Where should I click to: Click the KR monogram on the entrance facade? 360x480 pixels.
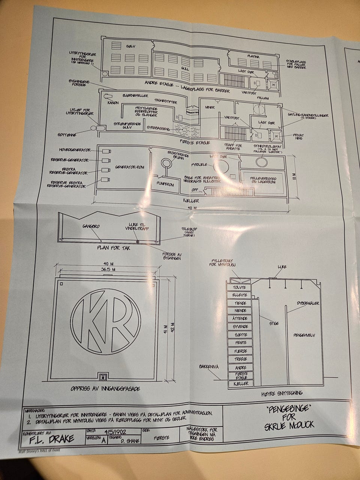tap(106, 321)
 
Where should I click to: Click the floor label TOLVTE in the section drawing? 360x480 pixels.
tap(240, 287)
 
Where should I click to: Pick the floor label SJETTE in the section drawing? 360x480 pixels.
tap(240, 334)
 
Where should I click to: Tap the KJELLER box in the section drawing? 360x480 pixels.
tap(241, 384)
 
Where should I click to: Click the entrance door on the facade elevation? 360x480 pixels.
tap(104, 376)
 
